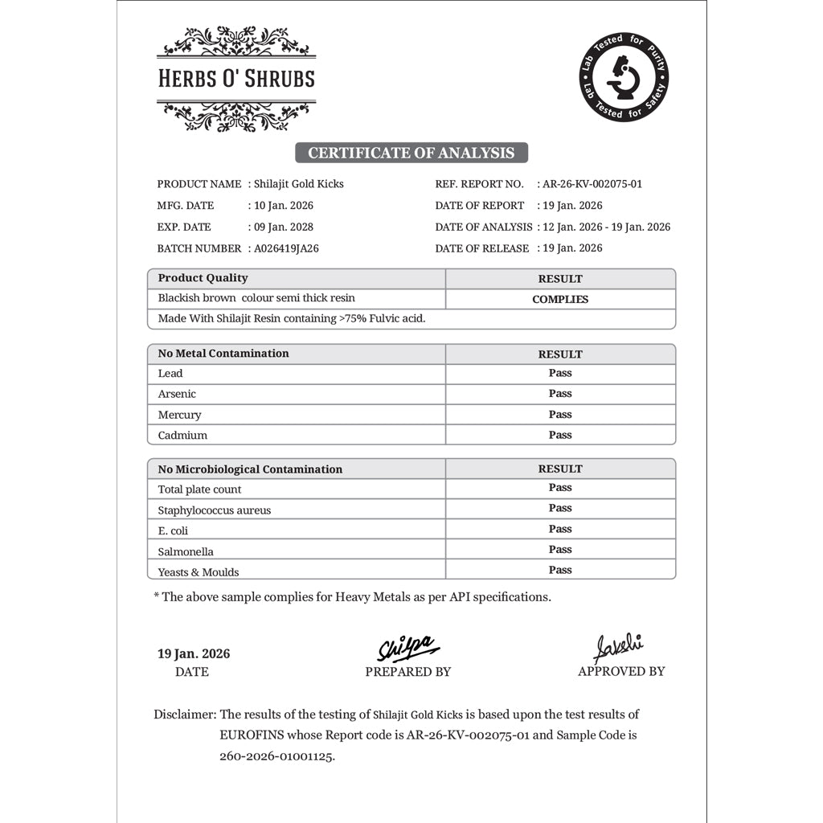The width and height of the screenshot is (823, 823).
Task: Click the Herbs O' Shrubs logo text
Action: [x=236, y=79]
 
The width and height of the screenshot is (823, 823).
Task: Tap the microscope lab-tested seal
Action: [x=624, y=79]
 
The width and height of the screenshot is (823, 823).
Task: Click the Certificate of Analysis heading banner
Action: [x=411, y=153]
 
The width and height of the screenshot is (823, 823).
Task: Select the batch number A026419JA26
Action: [x=286, y=248]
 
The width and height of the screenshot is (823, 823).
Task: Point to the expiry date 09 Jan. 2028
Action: [x=284, y=227]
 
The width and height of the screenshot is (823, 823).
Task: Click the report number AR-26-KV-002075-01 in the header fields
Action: [x=592, y=184]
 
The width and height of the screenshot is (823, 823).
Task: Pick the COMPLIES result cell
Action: [x=560, y=299]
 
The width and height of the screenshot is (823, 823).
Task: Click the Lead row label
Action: [x=170, y=373]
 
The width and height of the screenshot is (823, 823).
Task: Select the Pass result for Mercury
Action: [x=560, y=414]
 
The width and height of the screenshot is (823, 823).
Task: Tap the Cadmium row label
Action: [x=182, y=435]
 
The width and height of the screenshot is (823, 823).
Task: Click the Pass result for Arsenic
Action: [x=560, y=393]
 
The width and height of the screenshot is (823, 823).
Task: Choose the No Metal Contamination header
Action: [x=223, y=353]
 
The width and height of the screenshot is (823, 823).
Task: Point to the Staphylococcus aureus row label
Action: [x=215, y=510]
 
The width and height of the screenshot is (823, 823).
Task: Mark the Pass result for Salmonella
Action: [x=560, y=550]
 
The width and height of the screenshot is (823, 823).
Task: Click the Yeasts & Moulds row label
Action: [x=199, y=572]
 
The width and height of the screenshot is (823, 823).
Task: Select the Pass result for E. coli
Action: [x=560, y=529]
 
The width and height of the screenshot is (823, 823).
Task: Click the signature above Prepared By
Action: [x=407, y=648]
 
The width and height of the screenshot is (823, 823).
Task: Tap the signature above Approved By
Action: [x=619, y=647]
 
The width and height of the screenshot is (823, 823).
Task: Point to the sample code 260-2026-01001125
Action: [x=276, y=756]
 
